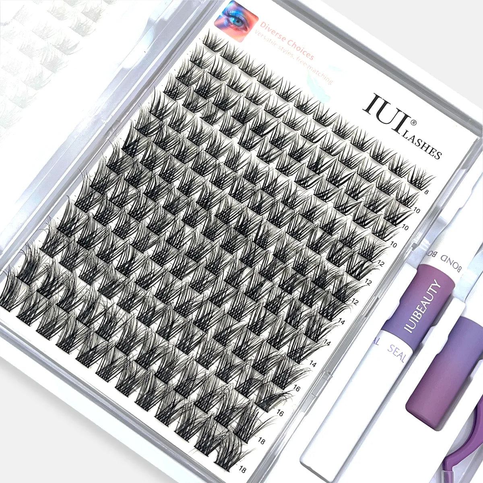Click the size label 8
(426, 192)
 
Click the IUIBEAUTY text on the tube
(423, 306)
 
